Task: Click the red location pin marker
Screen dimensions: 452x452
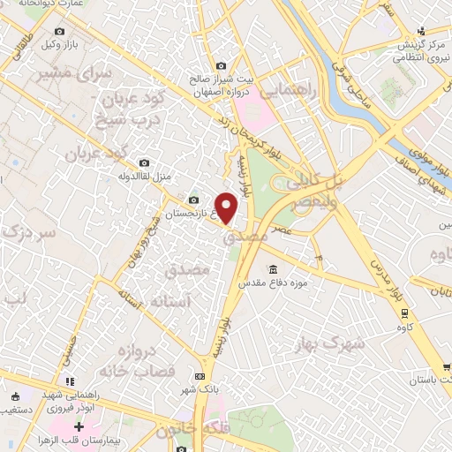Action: pos(227,207)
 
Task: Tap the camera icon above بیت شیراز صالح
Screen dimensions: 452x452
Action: pos(221,66)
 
